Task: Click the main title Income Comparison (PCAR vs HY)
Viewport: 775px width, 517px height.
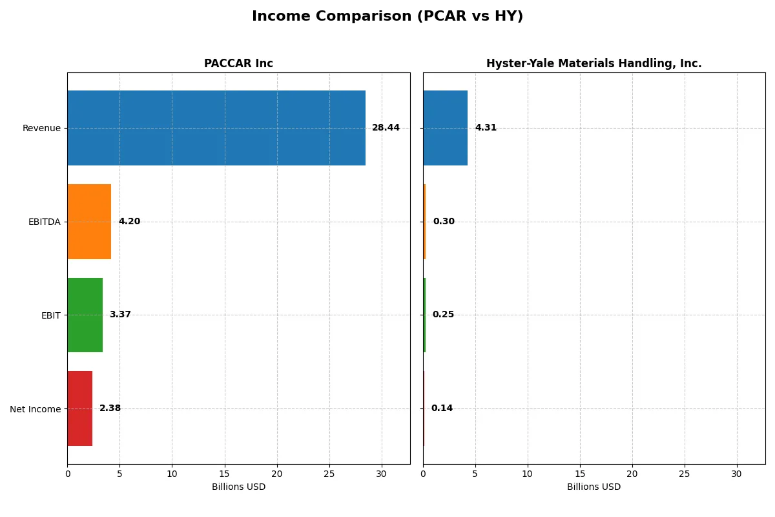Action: tap(387, 16)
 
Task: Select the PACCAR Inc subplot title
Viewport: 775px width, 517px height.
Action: tap(238, 63)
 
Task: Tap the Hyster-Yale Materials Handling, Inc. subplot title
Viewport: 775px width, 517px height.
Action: tap(594, 63)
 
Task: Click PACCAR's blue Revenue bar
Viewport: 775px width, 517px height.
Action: tap(216, 128)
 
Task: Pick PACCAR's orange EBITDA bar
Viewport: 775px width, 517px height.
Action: tap(89, 222)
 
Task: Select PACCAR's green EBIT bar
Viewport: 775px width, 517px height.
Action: tap(85, 315)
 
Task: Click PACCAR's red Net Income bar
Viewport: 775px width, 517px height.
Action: tap(79, 408)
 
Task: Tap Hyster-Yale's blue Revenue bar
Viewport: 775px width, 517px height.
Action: tap(445, 128)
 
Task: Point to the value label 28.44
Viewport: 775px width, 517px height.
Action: tap(386, 128)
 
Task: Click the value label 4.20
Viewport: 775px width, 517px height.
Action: tap(129, 222)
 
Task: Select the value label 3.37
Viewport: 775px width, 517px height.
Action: tap(120, 315)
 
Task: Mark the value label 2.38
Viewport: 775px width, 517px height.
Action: tap(110, 408)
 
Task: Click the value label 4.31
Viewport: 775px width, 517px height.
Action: tap(486, 128)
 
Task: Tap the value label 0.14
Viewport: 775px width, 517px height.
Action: tap(442, 408)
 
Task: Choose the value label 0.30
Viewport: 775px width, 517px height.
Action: tap(444, 222)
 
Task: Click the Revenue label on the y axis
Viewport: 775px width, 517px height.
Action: tap(41, 128)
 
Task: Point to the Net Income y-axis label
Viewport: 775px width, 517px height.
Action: tap(36, 409)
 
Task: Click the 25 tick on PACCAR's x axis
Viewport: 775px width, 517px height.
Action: tap(329, 474)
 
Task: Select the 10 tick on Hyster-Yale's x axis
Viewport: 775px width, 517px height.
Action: tap(528, 474)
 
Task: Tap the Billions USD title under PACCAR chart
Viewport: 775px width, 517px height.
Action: tap(238, 487)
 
